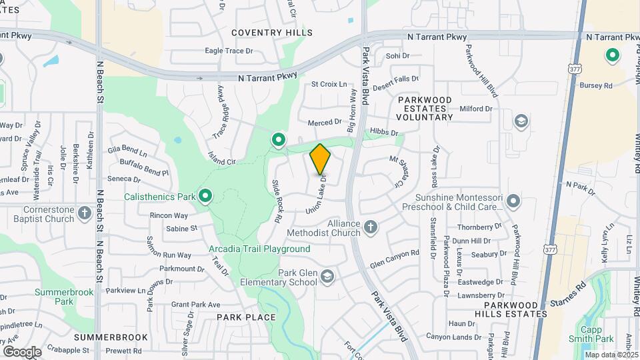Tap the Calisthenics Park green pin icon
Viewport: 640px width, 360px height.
pos(206,196)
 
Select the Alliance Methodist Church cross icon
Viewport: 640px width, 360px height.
pos(371,229)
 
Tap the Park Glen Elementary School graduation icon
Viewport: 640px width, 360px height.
pos(327,276)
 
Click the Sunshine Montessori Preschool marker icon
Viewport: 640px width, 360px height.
pos(513,201)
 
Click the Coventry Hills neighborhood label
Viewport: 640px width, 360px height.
pos(271,33)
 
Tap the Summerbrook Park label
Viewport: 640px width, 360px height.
pos(54,297)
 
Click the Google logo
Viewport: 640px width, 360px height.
pos(22,351)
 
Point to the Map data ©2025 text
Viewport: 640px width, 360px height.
pos(611,354)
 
